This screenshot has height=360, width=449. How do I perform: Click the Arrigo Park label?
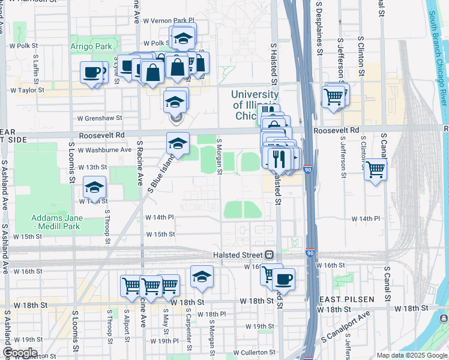point(91,46)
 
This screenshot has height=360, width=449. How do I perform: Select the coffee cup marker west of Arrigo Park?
point(92,72)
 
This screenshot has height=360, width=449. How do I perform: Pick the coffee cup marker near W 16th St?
point(284,278)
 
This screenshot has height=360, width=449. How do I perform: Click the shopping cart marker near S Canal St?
point(375,170)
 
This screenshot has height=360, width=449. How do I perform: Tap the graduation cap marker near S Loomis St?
point(94,187)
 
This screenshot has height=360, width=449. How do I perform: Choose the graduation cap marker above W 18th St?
point(202,277)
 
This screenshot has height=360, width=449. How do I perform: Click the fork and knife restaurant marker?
point(278,158)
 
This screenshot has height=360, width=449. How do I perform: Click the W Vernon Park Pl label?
point(169,20)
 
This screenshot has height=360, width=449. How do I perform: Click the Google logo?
point(20,353)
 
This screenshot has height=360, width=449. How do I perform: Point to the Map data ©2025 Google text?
point(412,355)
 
